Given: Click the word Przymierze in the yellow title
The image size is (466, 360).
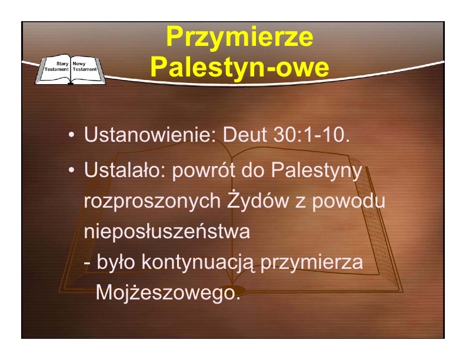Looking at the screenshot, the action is (x=239, y=38).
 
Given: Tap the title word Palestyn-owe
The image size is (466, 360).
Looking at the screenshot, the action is (x=240, y=67).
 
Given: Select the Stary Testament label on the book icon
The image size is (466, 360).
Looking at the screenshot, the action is (x=56, y=66).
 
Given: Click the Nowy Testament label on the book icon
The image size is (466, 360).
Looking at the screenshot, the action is (x=85, y=66).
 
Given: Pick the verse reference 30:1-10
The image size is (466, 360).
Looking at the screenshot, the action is (x=311, y=134).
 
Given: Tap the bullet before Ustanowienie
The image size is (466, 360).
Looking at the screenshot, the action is (x=71, y=135).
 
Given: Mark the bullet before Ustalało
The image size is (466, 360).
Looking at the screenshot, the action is (x=71, y=171).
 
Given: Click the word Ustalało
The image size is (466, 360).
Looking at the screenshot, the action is (x=125, y=170).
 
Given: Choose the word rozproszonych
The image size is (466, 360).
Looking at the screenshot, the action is (x=152, y=202).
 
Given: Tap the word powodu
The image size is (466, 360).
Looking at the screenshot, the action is (x=348, y=201).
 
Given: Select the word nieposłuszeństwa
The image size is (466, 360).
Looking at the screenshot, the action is (x=167, y=231).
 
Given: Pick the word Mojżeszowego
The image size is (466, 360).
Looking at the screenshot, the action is (x=168, y=294).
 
